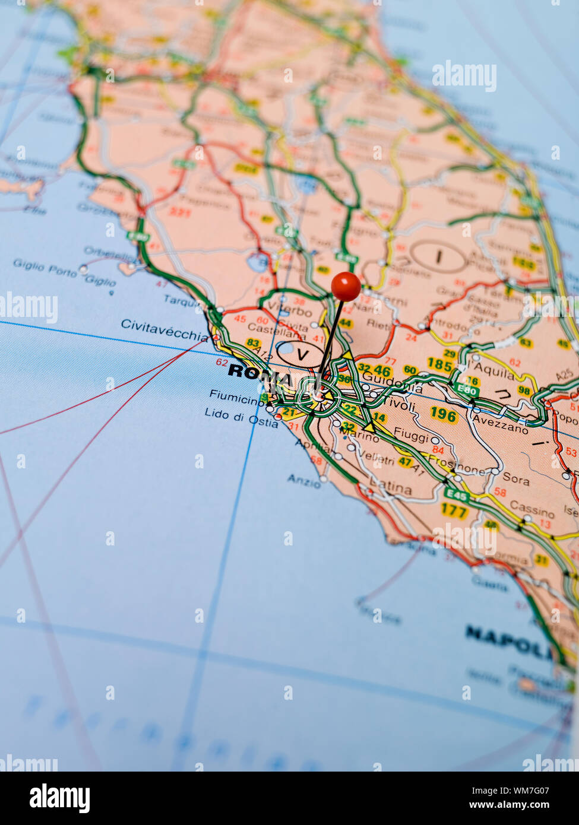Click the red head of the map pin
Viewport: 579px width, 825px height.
click(346, 286)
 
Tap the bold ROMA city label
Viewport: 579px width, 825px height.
click(260, 373)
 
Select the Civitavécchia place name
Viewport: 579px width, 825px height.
click(164, 328)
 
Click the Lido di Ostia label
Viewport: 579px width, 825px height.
click(241, 417)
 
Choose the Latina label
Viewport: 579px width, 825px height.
click(391, 488)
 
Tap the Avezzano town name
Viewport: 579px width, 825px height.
click(499, 423)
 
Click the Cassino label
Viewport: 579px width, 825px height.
click(531, 509)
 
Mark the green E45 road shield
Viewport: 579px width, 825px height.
click(457, 495)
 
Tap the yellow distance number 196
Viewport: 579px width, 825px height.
click(443, 414)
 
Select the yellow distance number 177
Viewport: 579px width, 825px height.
click(454, 510)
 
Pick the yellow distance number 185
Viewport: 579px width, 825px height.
click(439, 364)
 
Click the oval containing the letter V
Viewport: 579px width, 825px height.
click(302, 354)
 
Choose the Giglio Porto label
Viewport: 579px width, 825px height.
click(45, 267)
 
